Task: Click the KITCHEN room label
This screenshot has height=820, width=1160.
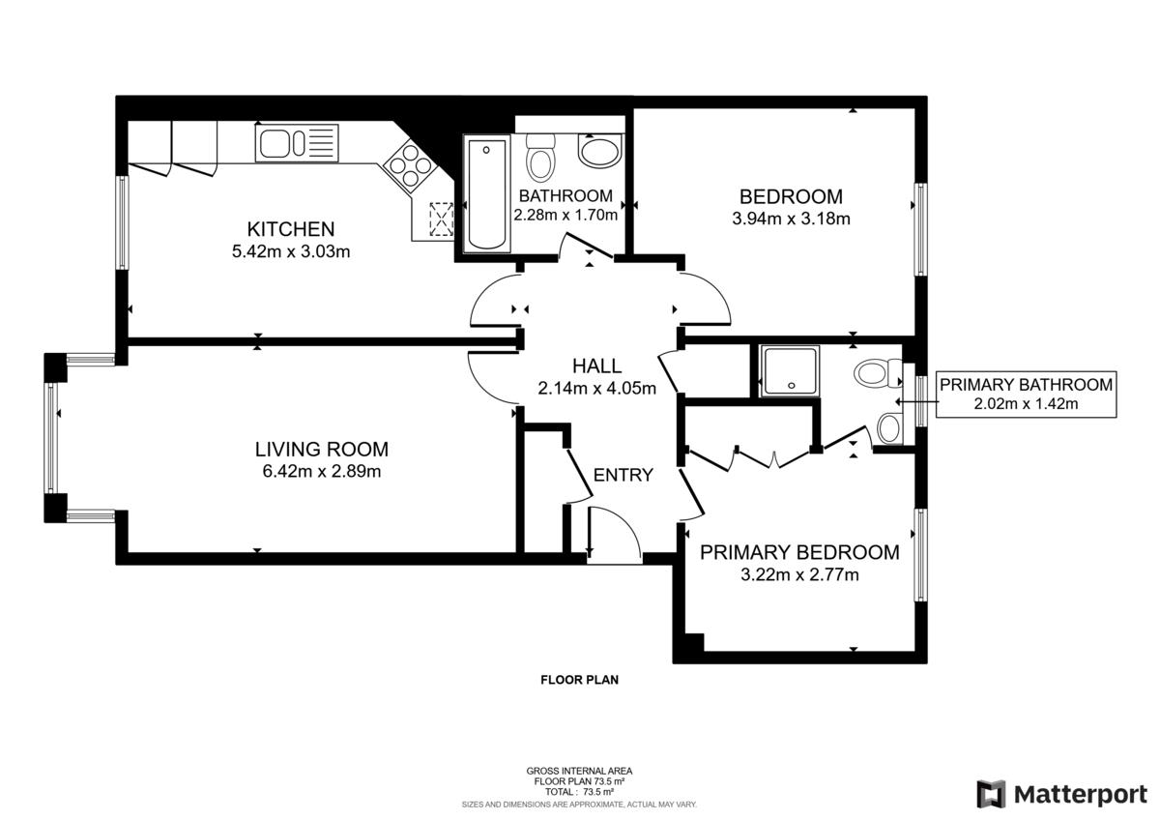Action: click(x=291, y=229)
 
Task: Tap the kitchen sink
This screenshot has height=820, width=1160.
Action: click(x=297, y=144)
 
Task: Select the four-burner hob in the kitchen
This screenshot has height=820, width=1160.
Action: click(x=410, y=166)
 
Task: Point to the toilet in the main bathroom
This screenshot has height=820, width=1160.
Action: click(x=540, y=159)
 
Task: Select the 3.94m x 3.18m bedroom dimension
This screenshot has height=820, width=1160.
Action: click(x=791, y=219)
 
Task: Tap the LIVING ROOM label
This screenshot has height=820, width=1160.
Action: click(x=321, y=449)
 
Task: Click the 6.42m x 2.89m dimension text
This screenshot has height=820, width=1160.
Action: click(x=321, y=472)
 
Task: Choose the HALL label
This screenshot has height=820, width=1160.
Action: click(x=596, y=366)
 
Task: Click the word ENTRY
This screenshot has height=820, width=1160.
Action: click(x=623, y=475)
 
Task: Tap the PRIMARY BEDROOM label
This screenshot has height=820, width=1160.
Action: click(x=798, y=552)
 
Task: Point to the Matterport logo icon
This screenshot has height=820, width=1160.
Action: click(x=991, y=794)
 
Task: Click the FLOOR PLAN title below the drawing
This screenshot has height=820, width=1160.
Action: click(x=579, y=680)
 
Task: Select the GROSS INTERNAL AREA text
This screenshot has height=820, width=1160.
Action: click(x=579, y=771)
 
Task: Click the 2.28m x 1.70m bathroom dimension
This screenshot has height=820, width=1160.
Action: click(x=565, y=216)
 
